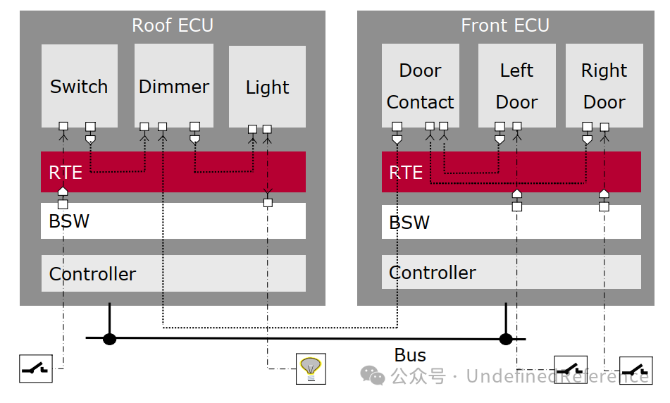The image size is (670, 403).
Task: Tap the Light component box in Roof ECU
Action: [267, 87]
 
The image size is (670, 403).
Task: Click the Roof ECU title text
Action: [173, 26]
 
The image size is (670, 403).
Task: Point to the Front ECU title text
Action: [504, 26]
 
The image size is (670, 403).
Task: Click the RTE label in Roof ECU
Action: [65, 173]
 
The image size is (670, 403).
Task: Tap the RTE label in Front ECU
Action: [406, 173]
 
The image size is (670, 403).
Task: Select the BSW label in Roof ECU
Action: [69, 221]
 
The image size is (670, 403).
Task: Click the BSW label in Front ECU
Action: [409, 223]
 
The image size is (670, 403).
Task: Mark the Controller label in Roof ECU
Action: [92, 274]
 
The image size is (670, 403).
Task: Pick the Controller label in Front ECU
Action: [433, 273]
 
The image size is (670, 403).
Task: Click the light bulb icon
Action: [310, 368]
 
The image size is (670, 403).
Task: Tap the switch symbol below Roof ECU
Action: [35, 368]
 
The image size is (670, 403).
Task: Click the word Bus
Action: [410, 355]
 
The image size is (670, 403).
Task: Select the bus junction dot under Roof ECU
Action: [109, 339]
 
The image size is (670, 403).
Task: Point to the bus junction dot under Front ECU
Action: [506, 339]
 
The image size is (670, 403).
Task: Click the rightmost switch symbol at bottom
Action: [635, 369]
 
